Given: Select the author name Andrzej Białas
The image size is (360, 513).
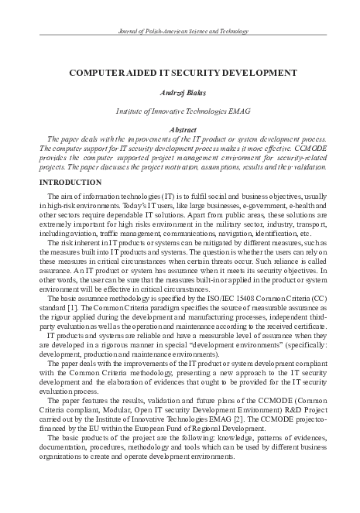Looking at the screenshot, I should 180,92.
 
